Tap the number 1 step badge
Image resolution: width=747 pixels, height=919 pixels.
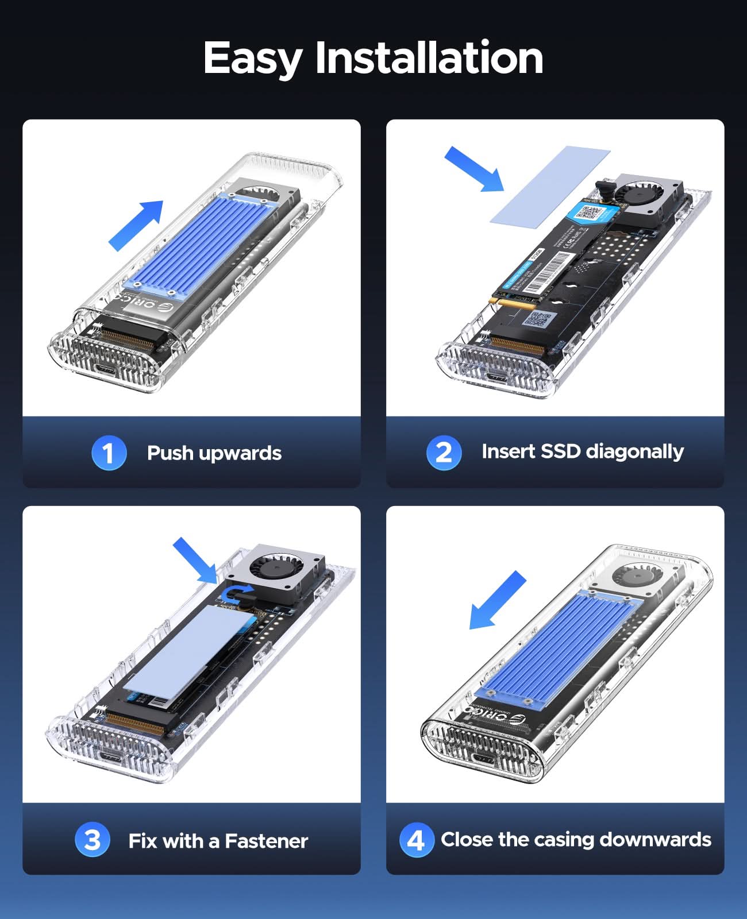coord(109,453)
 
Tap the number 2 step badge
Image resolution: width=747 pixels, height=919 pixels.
coord(444,453)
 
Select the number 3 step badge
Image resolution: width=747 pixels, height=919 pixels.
coord(92,840)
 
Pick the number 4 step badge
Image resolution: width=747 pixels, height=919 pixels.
coord(416,840)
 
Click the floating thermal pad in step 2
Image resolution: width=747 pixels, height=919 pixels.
coord(549,185)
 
